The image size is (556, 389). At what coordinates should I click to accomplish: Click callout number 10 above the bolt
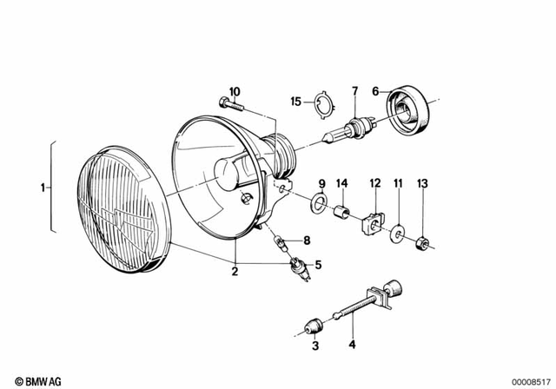click(x=234, y=91)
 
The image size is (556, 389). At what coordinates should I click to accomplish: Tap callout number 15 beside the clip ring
click(x=296, y=102)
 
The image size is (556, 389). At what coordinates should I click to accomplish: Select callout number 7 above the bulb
click(x=354, y=90)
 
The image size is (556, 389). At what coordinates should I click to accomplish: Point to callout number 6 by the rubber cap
click(x=375, y=90)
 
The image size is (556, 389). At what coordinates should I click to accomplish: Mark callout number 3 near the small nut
click(x=314, y=346)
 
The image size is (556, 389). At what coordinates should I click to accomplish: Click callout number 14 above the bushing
click(x=342, y=183)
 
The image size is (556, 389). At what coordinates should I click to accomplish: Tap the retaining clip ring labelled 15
click(x=322, y=107)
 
